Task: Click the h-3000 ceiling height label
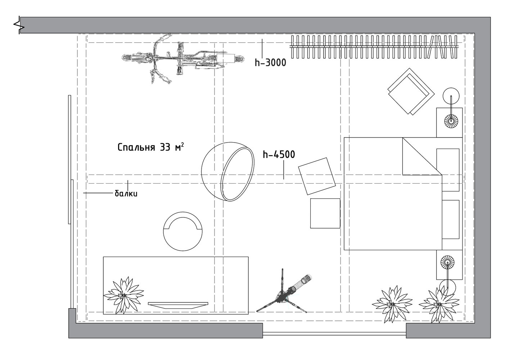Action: click(270, 63)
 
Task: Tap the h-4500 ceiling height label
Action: click(279, 154)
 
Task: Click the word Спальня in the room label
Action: click(136, 148)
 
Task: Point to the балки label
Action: click(126, 194)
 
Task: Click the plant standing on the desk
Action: click(124, 295)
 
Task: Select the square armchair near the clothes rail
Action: click(411, 91)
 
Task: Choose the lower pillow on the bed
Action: click(451, 219)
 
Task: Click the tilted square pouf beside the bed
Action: click(317, 176)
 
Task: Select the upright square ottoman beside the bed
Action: click(325, 213)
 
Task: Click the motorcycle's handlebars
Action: click(180, 58)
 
